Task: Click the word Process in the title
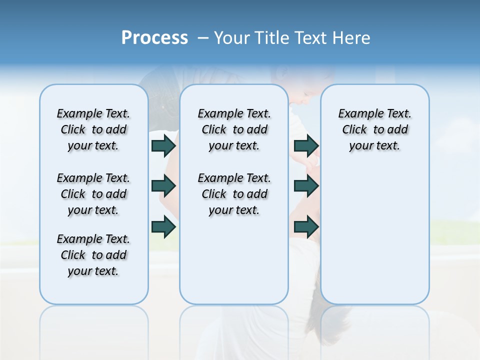coord(154,38)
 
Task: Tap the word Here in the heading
coord(351,38)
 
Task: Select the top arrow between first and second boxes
coord(163,145)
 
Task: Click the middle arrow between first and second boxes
coord(163,186)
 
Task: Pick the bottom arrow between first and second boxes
coord(163,227)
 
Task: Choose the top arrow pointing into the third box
coord(306,145)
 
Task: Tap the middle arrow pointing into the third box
coord(306,186)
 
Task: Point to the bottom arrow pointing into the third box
coord(306,227)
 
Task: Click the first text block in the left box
coord(93,129)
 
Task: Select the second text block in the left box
coord(93,194)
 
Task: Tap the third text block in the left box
coord(93,255)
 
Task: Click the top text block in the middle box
coord(234,129)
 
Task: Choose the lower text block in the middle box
coord(234,194)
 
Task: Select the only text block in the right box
coord(374,129)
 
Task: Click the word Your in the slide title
coord(233,38)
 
